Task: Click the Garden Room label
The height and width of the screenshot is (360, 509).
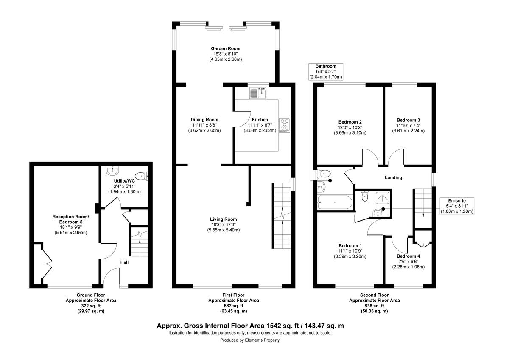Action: coord(226,48)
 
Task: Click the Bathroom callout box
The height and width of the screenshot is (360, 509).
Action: coord(326,72)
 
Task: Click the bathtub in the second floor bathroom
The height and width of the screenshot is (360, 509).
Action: coord(334,202)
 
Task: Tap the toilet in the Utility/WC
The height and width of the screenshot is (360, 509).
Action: coord(140,175)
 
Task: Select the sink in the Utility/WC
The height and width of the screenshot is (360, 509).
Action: coord(112,171)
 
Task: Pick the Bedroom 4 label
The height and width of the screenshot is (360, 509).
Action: coord(408,256)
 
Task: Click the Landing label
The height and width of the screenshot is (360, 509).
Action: coord(393,177)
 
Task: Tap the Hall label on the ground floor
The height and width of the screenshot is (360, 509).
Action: coord(124,262)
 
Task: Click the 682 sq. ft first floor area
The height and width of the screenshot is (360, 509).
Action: coord(233,306)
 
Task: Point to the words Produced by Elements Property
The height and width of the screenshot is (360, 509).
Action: coord(250,340)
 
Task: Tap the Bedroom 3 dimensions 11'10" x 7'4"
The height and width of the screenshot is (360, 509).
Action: coord(408,126)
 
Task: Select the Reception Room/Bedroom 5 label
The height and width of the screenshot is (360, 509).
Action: coord(71,219)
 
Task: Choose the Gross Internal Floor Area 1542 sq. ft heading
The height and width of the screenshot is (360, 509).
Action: coord(250,326)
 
